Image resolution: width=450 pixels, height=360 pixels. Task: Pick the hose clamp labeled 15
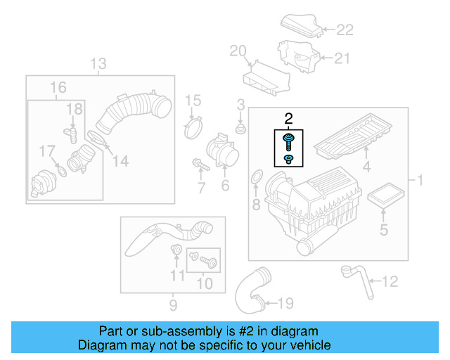[192, 129]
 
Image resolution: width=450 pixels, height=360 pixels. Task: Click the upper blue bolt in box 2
[289, 141]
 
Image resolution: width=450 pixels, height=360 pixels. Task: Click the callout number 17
[46, 150]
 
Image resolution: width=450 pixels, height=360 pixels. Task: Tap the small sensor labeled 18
[71, 131]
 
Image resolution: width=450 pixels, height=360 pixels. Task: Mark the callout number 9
[173, 305]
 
